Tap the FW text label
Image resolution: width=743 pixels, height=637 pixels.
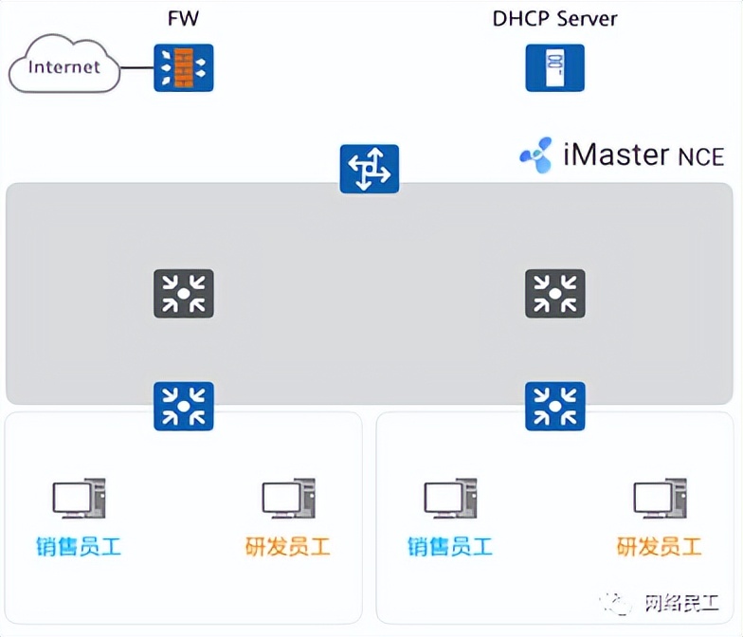coord(184,17)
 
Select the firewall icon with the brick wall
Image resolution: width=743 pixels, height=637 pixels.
coord(184,68)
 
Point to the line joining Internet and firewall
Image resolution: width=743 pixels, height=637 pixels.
coord(137,68)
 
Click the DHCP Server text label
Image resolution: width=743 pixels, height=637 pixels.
coord(554,17)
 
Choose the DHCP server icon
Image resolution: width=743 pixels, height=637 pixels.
coord(554,68)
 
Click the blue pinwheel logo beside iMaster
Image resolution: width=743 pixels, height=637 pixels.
coord(535,155)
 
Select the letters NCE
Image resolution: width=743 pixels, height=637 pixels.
coord(700,156)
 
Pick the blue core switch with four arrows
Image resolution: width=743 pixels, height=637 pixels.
coord(370,169)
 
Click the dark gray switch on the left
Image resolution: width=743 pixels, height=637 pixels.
coord(184,293)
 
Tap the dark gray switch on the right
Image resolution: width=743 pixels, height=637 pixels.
coord(555,293)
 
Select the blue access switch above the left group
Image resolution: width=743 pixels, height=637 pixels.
coord(184,406)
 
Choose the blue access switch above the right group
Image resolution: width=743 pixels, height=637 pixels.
coord(555,406)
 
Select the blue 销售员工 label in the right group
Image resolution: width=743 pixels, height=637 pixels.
coord(450,547)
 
